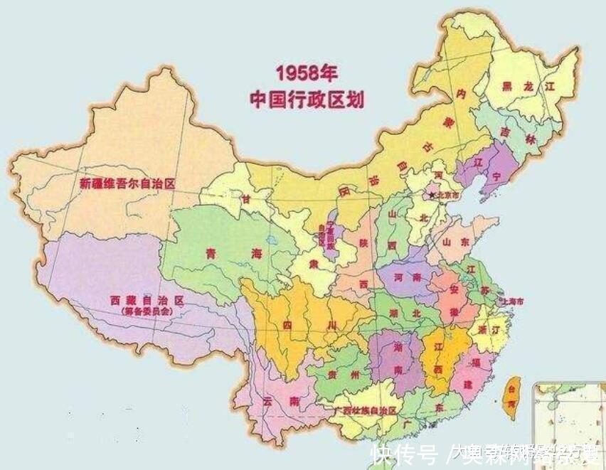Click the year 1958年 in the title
click(x=307, y=74)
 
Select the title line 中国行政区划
click(x=307, y=99)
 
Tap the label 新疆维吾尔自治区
click(x=127, y=183)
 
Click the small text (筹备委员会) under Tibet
click(x=146, y=311)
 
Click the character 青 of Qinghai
click(x=211, y=252)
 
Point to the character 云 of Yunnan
click(x=267, y=401)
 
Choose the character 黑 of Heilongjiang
click(x=507, y=86)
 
